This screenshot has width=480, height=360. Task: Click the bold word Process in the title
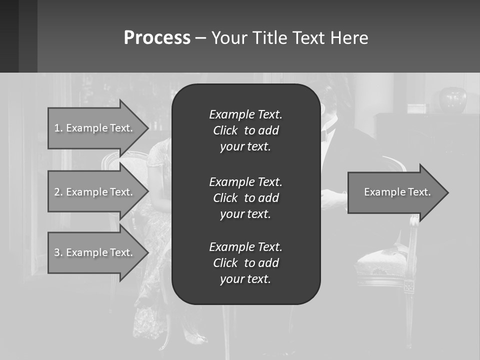tap(157, 38)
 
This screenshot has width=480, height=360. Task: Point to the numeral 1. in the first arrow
tap(58, 128)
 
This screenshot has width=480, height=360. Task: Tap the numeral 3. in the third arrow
tap(58, 252)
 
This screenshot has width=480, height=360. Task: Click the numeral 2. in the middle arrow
tap(58, 192)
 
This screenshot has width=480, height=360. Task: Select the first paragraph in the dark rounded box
tap(245, 130)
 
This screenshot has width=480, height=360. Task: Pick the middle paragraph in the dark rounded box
tap(245, 198)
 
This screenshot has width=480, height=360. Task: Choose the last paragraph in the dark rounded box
tap(245, 263)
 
